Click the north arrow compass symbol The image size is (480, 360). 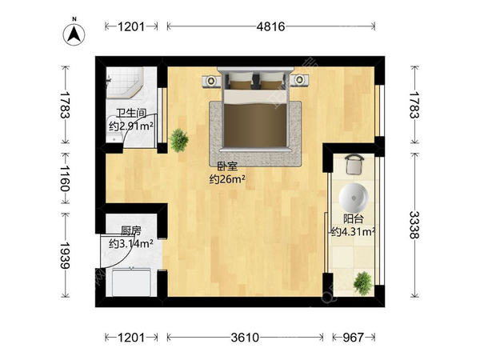74,34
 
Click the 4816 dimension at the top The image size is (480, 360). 270,26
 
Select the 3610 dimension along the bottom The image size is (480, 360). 245,338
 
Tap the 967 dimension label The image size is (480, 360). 354,338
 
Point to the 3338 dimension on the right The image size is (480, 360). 414,225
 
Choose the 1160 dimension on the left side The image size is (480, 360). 65,178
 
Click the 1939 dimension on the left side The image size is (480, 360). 65,255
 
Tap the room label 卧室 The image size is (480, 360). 227,166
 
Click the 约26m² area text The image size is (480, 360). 227,178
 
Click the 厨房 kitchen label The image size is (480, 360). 131,231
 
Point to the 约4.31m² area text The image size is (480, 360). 354,232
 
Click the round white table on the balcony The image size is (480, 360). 354,198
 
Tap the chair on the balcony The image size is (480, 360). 354,164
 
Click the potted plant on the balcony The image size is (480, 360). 363,283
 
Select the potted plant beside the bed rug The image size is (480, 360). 178,141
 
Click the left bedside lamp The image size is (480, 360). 210,81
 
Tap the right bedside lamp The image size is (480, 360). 299,80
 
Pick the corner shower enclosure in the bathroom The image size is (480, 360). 125,83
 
